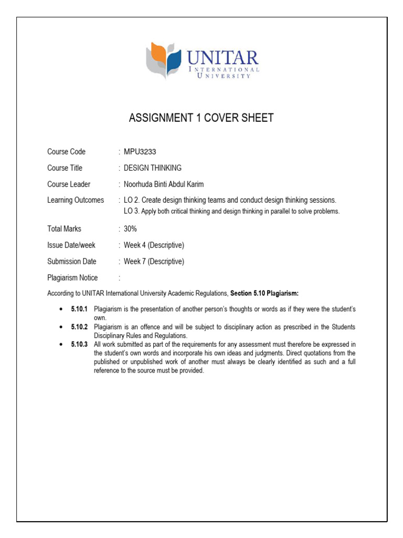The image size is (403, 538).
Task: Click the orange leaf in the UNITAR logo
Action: click(x=156, y=54)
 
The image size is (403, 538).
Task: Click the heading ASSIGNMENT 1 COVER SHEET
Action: click(x=201, y=118)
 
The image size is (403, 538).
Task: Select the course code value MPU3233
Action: click(x=140, y=152)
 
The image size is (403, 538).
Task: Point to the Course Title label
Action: click(x=65, y=168)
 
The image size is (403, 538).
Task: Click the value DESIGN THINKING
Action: click(x=152, y=168)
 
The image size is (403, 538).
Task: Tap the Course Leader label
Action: click(x=69, y=184)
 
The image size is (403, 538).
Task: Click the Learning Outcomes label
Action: click(x=76, y=200)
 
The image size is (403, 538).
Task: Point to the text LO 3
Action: click(x=131, y=211)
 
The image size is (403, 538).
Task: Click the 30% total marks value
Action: click(x=130, y=229)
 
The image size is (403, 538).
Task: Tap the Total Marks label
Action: click(x=64, y=229)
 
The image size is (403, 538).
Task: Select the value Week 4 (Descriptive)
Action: click(x=154, y=245)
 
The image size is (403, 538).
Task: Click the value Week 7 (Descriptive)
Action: click(x=154, y=261)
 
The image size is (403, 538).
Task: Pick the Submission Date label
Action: click(x=72, y=261)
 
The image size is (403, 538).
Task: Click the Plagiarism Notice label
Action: click(x=72, y=277)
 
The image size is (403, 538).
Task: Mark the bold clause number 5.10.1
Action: click(x=79, y=309)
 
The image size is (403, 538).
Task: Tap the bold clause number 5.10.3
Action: click(x=79, y=344)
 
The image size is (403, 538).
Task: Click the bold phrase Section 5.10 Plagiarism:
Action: click(x=265, y=293)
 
